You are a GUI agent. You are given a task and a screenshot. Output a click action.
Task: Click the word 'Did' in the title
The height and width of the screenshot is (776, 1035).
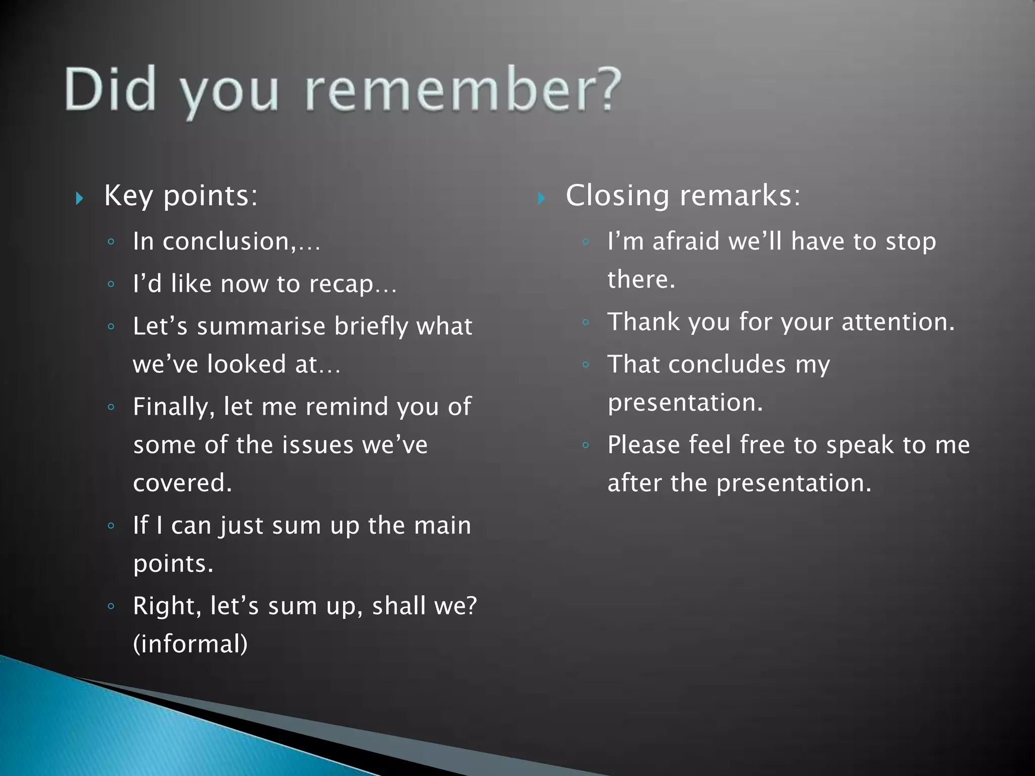point(110,90)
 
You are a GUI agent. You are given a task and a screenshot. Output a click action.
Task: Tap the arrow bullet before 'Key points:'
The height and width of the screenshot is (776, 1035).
point(79,198)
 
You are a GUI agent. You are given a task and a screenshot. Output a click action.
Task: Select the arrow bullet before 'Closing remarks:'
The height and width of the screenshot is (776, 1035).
point(541,198)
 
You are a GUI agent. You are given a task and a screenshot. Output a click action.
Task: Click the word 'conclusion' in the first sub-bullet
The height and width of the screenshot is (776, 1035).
point(227,241)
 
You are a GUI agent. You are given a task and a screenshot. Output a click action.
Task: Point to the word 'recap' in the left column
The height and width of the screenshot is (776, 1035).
point(341,284)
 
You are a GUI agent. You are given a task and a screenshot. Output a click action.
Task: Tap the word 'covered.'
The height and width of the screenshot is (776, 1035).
point(182,482)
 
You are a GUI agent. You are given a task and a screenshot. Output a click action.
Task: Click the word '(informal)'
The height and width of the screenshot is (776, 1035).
point(191,644)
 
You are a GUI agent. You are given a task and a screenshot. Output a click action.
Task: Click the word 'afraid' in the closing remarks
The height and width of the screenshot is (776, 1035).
point(686,241)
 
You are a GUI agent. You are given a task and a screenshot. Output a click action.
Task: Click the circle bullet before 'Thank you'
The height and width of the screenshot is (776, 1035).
point(585,322)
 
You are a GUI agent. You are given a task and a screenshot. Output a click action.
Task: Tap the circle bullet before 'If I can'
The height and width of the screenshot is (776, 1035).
point(111,526)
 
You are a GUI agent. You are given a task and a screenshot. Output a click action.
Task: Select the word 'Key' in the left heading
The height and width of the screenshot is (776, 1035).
point(128,196)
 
